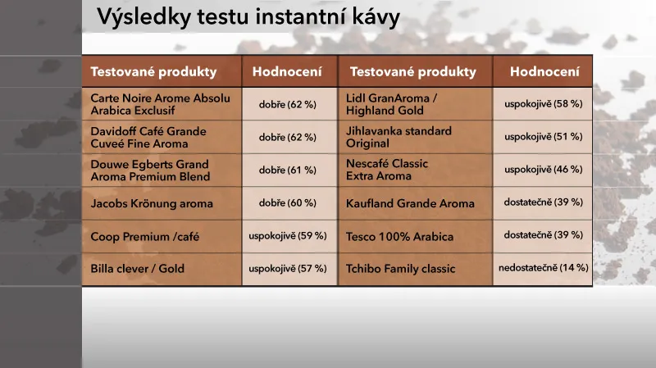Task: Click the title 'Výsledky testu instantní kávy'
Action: click(248, 16)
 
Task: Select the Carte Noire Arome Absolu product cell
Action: click(161, 103)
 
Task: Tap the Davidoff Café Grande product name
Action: click(148, 137)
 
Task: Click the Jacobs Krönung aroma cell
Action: click(152, 203)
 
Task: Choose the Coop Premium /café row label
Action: click(145, 237)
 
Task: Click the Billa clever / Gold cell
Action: click(138, 269)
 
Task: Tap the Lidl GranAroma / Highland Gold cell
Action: click(392, 104)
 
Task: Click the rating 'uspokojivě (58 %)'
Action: click(543, 104)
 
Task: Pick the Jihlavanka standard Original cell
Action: click(399, 137)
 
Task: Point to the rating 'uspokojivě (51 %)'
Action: click(543, 137)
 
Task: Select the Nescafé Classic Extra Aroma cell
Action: click(387, 170)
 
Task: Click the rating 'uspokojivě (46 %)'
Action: click(543, 170)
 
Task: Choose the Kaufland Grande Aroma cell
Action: click(410, 203)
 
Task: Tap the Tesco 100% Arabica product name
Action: click(399, 237)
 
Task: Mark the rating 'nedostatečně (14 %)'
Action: click(543, 268)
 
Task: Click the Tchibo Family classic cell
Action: click(400, 269)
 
